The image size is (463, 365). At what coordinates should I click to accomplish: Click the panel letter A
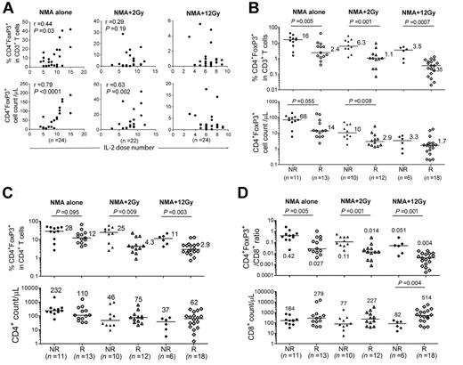[x=7, y=8]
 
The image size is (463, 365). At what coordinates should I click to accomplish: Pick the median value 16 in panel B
[x=309, y=36]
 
